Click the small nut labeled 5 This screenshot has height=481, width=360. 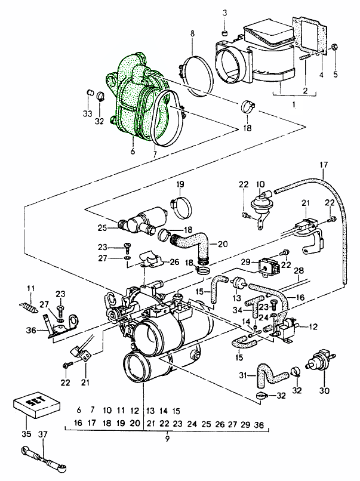tap(335, 47)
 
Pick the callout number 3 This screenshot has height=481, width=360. tap(225, 13)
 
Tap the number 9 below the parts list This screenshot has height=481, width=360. tap(167, 439)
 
